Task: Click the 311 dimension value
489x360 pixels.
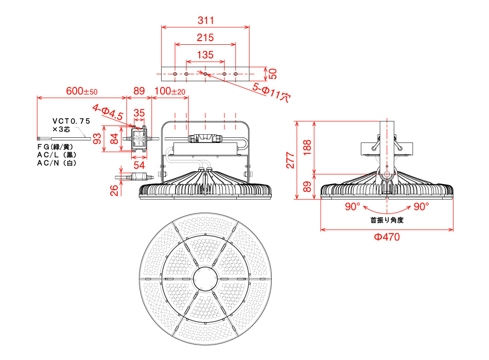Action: tap(206, 20)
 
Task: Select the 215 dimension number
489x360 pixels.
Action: tap(205, 38)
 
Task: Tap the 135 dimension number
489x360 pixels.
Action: tap(205, 55)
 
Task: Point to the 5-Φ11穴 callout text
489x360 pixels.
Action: tap(272, 92)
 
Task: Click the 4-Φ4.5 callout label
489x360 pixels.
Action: tap(108, 113)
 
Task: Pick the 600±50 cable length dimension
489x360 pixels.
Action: tap(82, 91)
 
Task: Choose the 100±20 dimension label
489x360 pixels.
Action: tap(170, 91)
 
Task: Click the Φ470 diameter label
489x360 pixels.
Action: tap(387, 237)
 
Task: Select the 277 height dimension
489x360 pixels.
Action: tap(290, 160)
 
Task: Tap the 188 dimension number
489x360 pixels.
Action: tap(307, 147)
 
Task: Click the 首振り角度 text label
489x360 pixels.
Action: tap(387, 220)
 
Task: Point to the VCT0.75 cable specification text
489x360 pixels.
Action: tap(71, 121)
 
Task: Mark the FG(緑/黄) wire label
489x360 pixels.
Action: tap(55, 147)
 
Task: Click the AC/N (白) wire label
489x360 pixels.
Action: tap(57, 163)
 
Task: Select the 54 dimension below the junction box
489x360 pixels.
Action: tap(139, 165)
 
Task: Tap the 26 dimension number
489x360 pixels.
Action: tap(114, 190)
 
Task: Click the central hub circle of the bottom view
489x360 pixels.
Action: tap(205, 278)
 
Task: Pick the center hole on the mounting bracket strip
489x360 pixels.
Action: tap(205, 74)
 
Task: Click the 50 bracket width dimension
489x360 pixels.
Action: tap(273, 74)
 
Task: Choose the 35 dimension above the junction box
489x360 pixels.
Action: tap(139, 113)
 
